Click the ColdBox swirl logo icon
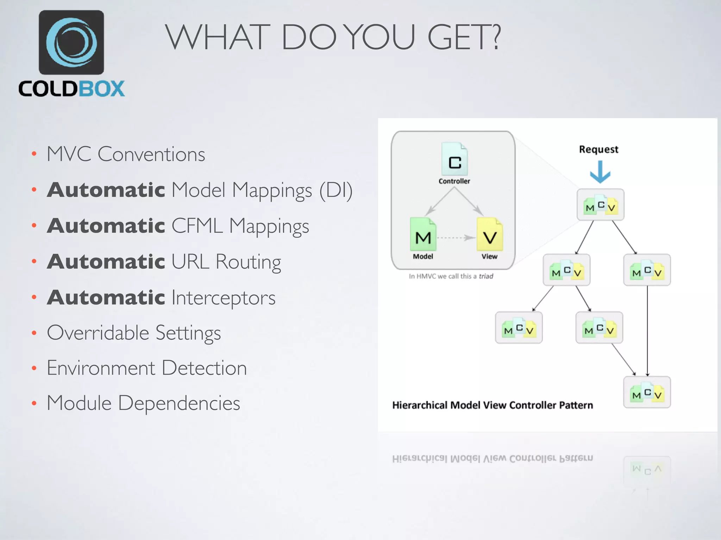click(x=71, y=42)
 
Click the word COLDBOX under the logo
click(x=71, y=89)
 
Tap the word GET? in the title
click(x=464, y=37)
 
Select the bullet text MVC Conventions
click(x=126, y=154)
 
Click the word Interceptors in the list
click(x=223, y=298)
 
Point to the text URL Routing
click(x=226, y=262)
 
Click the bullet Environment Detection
click(x=146, y=368)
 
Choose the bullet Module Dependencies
click(x=143, y=403)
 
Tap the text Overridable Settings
click(x=134, y=333)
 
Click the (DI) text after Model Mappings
click(x=336, y=191)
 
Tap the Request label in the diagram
click(x=598, y=149)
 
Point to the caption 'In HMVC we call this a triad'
click(x=451, y=276)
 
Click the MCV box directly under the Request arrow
click(x=600, y=205)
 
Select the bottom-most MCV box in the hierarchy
click(x=647, y=392)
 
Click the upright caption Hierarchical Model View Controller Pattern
click(x=493, y=405)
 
